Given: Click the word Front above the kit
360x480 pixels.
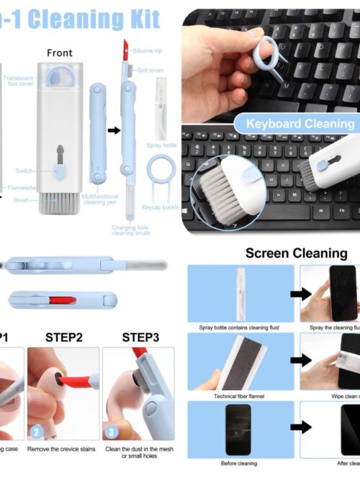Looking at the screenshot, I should [60, 53].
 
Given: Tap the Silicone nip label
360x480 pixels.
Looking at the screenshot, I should [147, 50].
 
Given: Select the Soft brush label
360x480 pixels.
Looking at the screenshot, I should [150, 69].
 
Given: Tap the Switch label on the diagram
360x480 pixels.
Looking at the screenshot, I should [24, 171].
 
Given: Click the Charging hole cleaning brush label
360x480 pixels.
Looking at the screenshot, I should [130, 230].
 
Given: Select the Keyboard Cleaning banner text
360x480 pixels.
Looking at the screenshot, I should [300, 123].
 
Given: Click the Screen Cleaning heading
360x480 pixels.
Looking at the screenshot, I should [296, 253].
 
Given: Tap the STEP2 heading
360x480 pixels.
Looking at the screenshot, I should [64, 337].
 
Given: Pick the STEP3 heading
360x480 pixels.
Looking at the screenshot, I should [140, 337].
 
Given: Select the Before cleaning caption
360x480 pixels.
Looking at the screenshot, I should [240, 463].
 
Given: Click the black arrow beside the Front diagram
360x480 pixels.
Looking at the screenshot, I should [114, 130].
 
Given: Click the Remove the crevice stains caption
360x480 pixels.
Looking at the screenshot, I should [63, 449].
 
